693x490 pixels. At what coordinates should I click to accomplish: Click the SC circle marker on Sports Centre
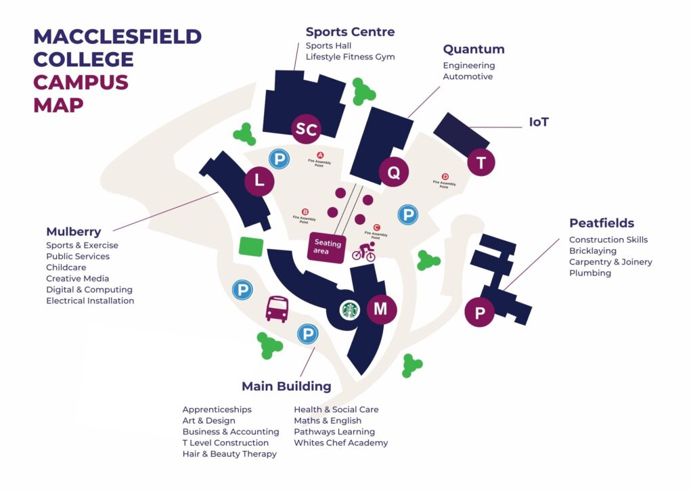(x=306, y=129)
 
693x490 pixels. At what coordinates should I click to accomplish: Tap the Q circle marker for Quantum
(x=393, y=172)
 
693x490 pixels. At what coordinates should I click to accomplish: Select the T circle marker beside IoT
(x=481, y=162)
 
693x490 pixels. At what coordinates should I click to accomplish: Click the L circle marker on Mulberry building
(x=259, y=181)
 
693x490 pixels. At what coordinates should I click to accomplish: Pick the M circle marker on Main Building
(x=381, y=309)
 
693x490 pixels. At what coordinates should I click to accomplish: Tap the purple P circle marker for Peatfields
(x=480, y=313)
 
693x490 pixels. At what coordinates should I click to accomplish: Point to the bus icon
(x=277, y=309)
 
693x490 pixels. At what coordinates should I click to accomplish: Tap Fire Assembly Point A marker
(x=320, y=155)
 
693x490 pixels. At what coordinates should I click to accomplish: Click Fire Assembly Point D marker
(x=445, y=176)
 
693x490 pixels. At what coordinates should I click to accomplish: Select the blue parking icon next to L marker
(x=278, y=160)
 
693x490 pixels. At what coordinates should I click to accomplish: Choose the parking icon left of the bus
(x=242, y=290)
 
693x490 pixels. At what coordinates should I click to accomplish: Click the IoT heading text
(x=539, y=122)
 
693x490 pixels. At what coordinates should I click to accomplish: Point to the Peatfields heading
(x=602, y=223)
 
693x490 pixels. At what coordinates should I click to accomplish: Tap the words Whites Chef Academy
(x=340, y=443)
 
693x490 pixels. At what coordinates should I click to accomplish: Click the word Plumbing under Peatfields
(x=589, y=273)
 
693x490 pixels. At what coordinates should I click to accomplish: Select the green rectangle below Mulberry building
(x=252, y=246)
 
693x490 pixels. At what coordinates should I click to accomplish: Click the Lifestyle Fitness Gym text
(x=350, y=57)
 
